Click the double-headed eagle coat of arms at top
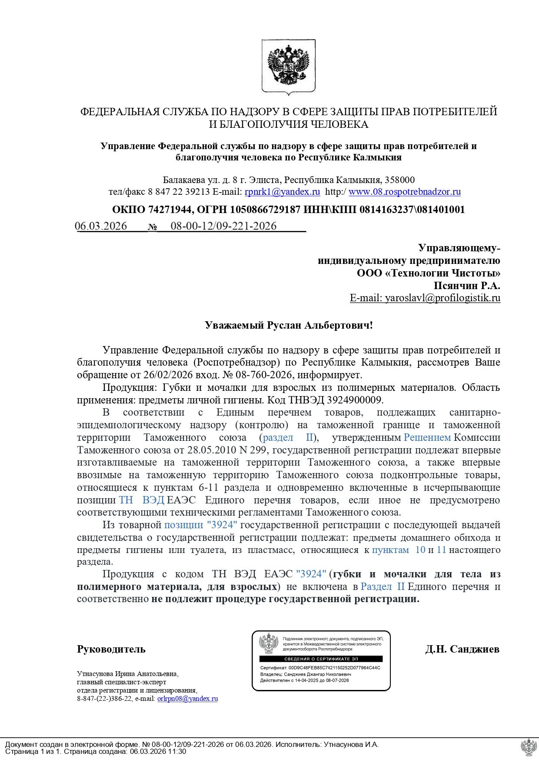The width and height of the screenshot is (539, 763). point(289,67)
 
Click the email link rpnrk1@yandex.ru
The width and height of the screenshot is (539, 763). point(282,192)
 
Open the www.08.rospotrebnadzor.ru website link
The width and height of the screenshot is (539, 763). point(405,192)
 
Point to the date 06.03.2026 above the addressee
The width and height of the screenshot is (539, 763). point(101,226)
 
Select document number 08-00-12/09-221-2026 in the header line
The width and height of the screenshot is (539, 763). point(223,226)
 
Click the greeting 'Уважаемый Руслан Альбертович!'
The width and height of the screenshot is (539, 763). point(289,325)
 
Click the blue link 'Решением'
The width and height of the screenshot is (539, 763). point(427,437)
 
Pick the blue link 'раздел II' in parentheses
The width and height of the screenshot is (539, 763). point(288,437)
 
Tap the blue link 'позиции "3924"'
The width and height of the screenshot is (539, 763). point(200,525)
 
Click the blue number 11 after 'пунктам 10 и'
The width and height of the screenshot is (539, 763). point(441,550)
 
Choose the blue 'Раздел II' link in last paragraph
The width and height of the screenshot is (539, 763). point(383,587)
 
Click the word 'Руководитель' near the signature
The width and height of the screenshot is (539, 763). point(111,649)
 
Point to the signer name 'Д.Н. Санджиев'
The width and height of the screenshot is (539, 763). point(462,649)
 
